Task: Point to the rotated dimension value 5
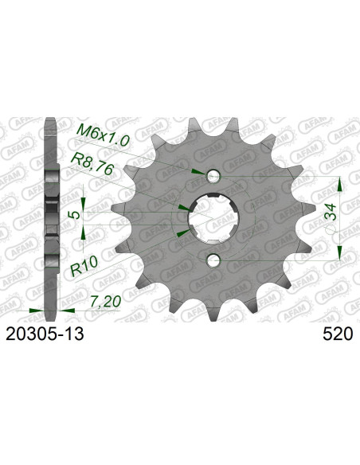(x=73, y=215)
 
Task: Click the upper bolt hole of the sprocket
(x=213, y=176)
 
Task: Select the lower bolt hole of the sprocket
(x=213, y=260)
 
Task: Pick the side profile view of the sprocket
(x=52, y=215)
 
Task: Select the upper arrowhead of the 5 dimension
(x=85, y=196)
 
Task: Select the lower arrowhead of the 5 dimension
(x=85, y=232)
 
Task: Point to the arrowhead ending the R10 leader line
(x=185, y=232)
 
